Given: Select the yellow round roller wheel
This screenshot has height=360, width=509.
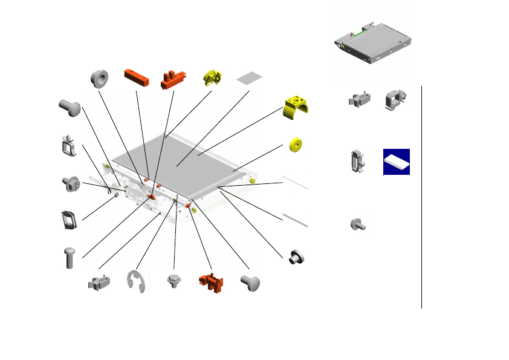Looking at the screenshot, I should tap(296, 146).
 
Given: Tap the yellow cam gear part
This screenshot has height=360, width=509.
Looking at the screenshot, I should tap(213, 77).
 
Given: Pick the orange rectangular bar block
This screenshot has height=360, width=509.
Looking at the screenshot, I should tap(137, 77).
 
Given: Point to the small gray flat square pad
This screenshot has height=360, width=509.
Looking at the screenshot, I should tap(250, 78).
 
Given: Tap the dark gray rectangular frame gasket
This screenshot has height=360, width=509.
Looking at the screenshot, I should tap(70, 220).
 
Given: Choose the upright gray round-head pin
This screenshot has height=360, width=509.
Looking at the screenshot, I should tap(70, 257).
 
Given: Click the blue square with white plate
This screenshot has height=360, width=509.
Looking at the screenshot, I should tap(397, 162).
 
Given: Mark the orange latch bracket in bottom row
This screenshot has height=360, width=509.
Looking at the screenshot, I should tap(211, 281).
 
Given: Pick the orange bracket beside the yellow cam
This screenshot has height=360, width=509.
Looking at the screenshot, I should tap(173, 79).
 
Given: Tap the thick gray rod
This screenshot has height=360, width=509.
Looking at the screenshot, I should tap(296, 220).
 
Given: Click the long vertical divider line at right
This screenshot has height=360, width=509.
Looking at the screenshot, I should tap(421, 197).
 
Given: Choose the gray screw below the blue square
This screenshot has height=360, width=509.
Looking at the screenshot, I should tap(358, 226).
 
